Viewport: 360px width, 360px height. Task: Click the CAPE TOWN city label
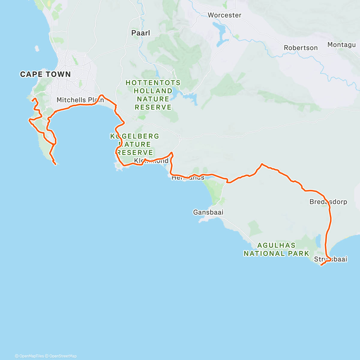click(x=45, y=74)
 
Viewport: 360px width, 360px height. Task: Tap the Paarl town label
click(x=141, y=33)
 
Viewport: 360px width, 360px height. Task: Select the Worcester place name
click(x=224, y=15)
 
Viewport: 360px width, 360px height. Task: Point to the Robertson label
click(x=301, y=48)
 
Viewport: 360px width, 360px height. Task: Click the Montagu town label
click(x=341, y=45)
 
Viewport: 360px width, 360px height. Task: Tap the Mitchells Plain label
click(x=80, y=100)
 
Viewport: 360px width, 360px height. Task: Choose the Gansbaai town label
click(x=208, y=212)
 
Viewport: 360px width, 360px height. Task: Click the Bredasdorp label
click(x=328, y=202)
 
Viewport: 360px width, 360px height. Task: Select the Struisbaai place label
click(x=330, y=259)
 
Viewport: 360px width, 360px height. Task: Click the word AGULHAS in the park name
click(x=276, y=245)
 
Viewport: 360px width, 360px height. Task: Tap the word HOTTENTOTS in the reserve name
click(x=153, y=83)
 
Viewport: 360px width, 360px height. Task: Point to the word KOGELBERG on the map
click(x=135, y=136)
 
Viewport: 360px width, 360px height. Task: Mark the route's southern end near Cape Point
click(x=55, y=164)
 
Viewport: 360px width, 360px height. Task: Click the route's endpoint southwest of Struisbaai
click(x=321, y=265)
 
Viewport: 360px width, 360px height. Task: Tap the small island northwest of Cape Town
click(x=37, y=48)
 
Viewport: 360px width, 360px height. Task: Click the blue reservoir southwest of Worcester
click(x=220, y=30)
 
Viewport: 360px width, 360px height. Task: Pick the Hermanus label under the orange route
click(x=188, y=178)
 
